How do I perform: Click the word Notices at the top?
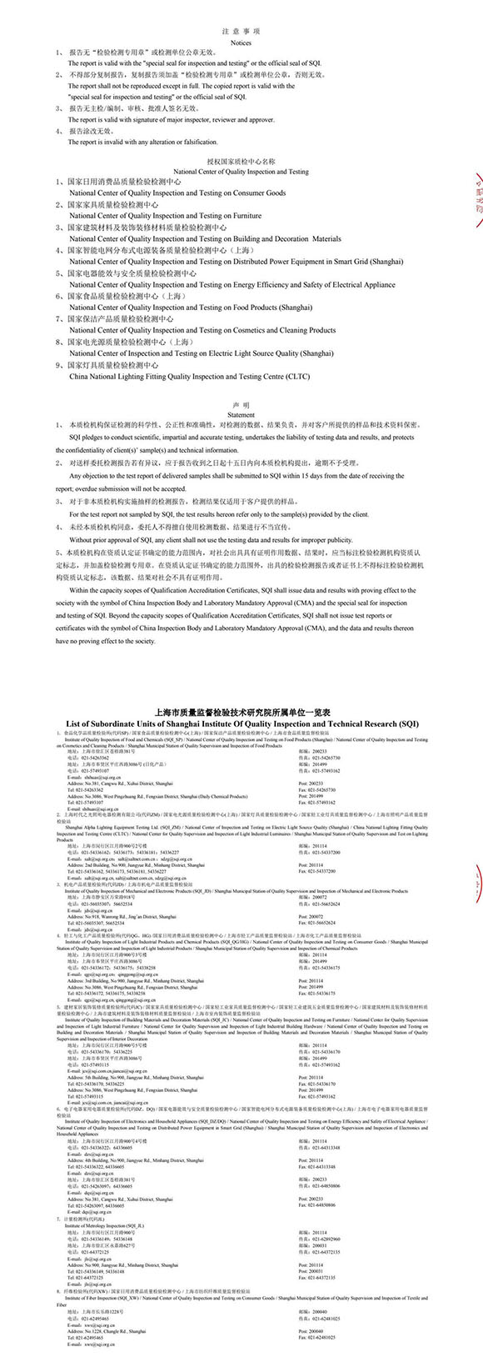coord(241,43)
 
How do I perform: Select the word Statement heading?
coord(241,414)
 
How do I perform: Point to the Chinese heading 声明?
coord(241,403)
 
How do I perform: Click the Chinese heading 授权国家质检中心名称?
coord(241,162)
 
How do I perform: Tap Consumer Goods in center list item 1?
coord(259,193)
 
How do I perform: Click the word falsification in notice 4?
coord(198,143)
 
